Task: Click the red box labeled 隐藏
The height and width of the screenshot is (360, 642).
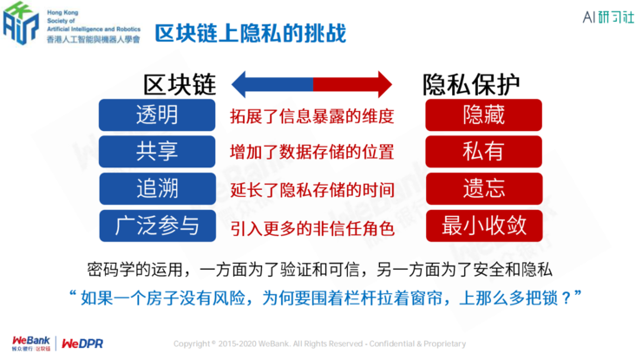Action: (484, 115)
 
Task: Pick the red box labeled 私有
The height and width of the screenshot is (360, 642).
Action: (484, 151)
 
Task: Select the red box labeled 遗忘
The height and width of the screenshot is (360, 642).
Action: (484, 187)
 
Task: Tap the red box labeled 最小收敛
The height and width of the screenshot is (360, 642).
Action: (484, 226)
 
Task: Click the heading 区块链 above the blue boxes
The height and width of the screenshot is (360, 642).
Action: (179, 84)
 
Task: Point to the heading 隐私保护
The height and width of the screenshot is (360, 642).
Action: (472, 84)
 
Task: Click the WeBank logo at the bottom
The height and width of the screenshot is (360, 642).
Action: (31, 341)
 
